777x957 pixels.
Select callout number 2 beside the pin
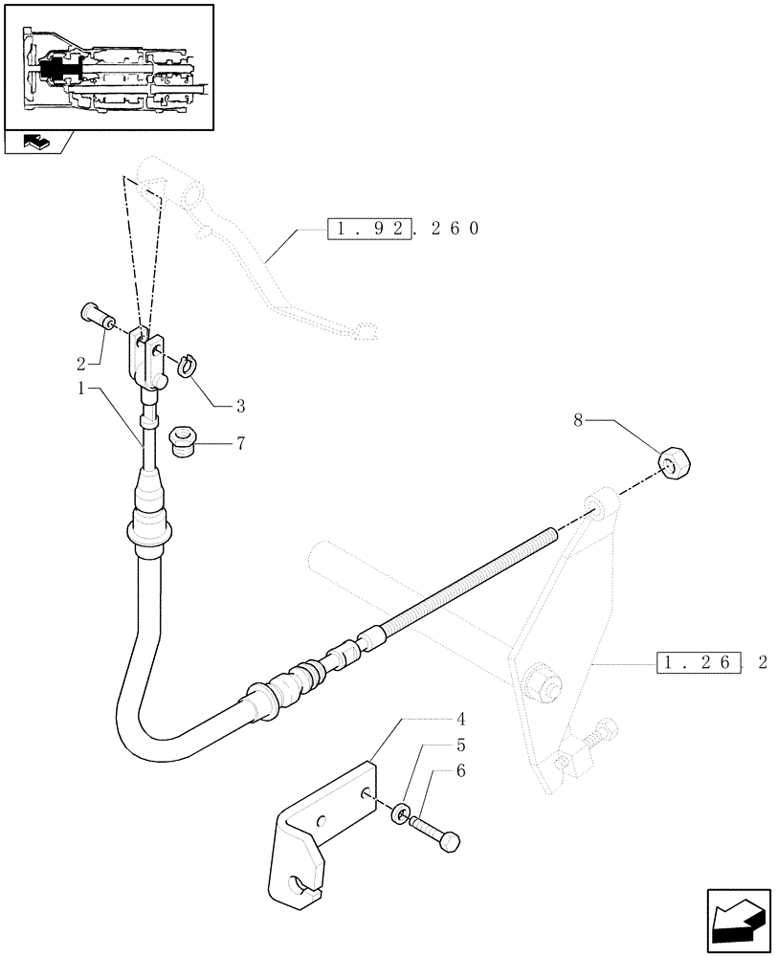(x=80, y=365)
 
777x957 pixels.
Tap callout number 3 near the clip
(x=240, y=406)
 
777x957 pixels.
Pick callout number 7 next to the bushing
(x=240, y=445)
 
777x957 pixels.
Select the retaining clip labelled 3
(x=188, y=364)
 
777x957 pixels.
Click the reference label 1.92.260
(x=402, y=230)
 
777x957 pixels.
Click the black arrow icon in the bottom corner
(x=738, y=920)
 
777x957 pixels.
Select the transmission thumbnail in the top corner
(x=108, y=67)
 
